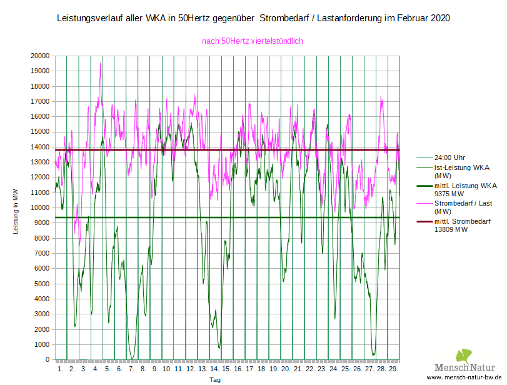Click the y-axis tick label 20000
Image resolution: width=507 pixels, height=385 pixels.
pyautogui.click(x=40, y=56)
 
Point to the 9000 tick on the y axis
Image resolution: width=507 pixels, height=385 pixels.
pyautogui.click(x=42, y=223)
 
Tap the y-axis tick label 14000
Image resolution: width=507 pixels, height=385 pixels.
pyautogui.click(x=40, y=147)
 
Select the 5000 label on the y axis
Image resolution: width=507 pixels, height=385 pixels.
pyautogui.click(x=42, y=284)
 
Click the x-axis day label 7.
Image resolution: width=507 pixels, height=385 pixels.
pyautogui.click(x=131, y=369)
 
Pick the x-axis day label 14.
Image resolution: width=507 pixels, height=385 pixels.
pyautogui.click(x=214, y=369)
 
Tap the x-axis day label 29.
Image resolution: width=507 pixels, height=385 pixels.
pyautogui.click(x=393, y=369)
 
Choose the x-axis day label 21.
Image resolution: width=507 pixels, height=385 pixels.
pyautogui.click(x=298, y=369)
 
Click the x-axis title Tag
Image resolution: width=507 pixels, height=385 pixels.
pyautogui.click(x=214, y=379)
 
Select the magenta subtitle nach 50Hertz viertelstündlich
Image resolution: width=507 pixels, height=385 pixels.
pyautogui.click(x=253, y=41)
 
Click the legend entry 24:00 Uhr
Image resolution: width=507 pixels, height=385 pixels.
pyautogui.click(x=449, y=157)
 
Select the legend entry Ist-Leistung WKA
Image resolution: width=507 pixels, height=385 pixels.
pyautogui.click(x=461, y=167)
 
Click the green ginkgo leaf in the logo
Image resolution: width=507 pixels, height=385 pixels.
pyautogui.click(x=463, y=356)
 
